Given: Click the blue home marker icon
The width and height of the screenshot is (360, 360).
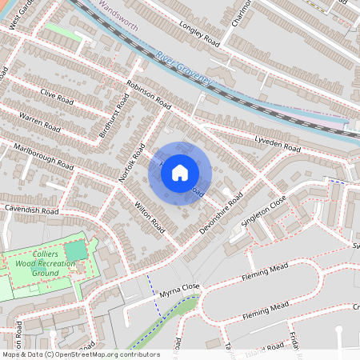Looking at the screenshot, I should click(x=180, y=173).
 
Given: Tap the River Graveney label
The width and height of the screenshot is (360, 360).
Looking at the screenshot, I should click(x=184, y=68).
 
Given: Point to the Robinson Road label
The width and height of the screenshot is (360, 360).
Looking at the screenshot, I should click(x=149, y=93).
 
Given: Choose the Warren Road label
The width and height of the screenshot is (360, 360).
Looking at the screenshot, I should click(x=41, y=124).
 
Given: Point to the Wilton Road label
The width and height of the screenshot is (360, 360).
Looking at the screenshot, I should click(x=149, y=212).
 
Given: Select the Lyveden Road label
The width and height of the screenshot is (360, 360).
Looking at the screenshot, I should click(x=278, y=145).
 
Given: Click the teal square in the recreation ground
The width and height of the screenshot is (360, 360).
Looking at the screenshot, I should click(x=74, y=251).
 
